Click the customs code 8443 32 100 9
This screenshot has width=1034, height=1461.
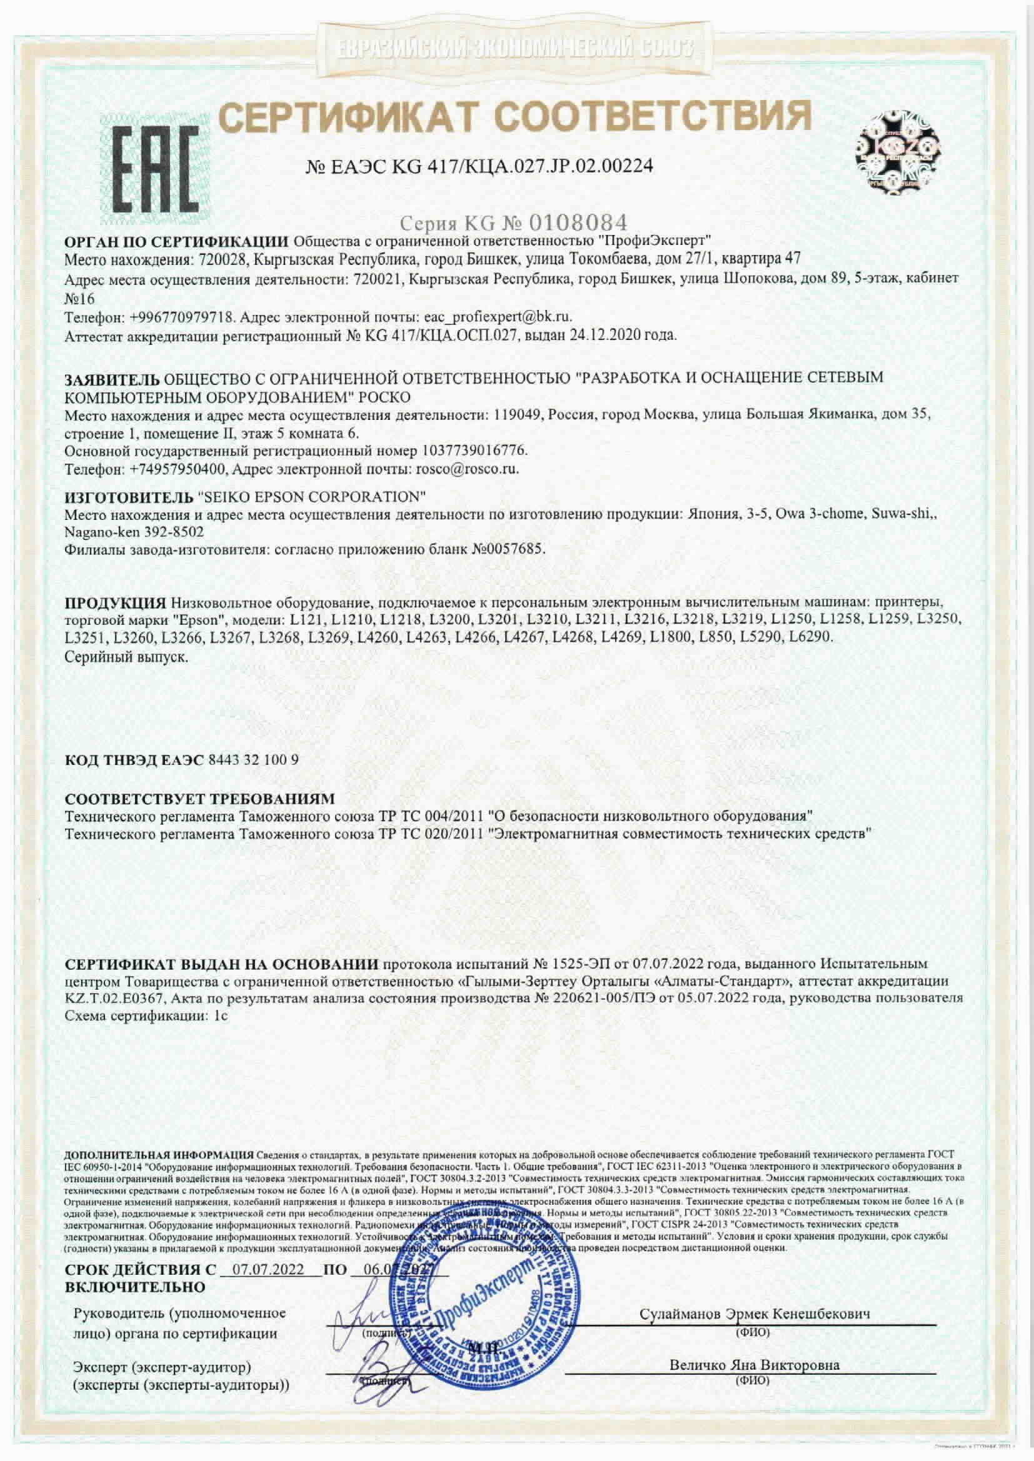click(x=253, y=760)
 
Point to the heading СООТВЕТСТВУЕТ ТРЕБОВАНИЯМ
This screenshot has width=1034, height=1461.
click(x=200, y=799)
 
